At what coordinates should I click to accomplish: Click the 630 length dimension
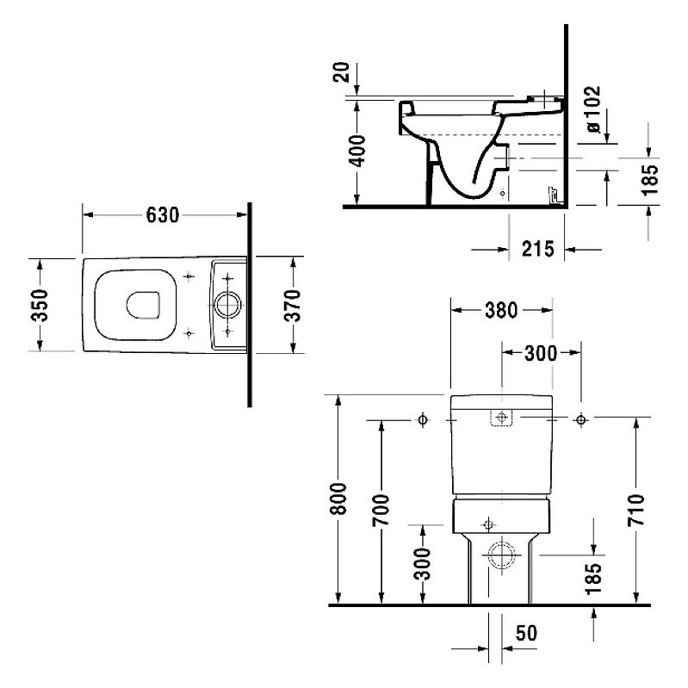(x=163, y=215)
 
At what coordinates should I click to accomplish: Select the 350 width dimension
(x=40, y=305)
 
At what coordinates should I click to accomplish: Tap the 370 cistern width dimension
(x=293, y=305)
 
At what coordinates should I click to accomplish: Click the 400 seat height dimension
(x=357, y=152)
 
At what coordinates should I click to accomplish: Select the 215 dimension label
(x=538, y=249)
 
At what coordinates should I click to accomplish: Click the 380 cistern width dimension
(x=501, y=310)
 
